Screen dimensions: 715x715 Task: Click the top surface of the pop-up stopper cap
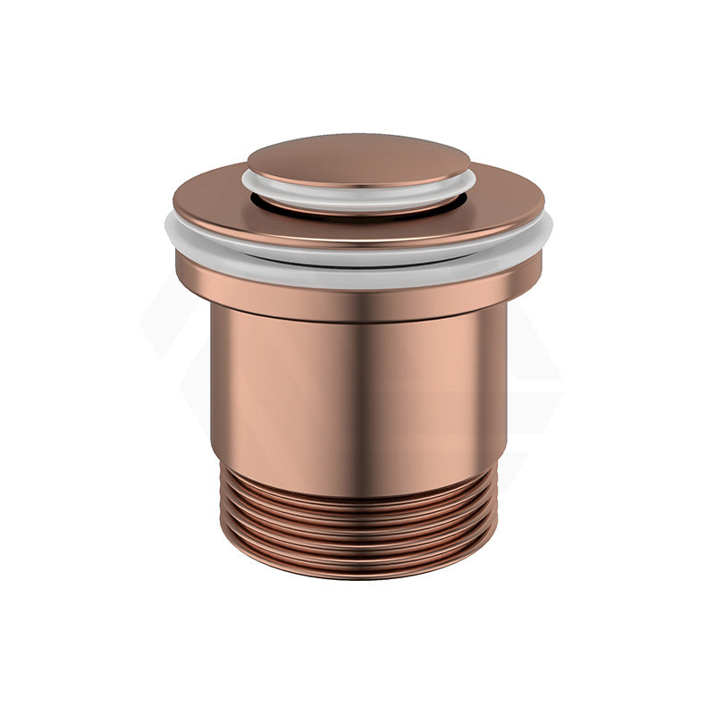tap(358, 158)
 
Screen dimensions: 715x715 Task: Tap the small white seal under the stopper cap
tap(357, 190)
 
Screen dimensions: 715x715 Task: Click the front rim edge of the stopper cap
tap(357, 181)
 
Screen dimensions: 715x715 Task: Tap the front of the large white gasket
tap(357, 259)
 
